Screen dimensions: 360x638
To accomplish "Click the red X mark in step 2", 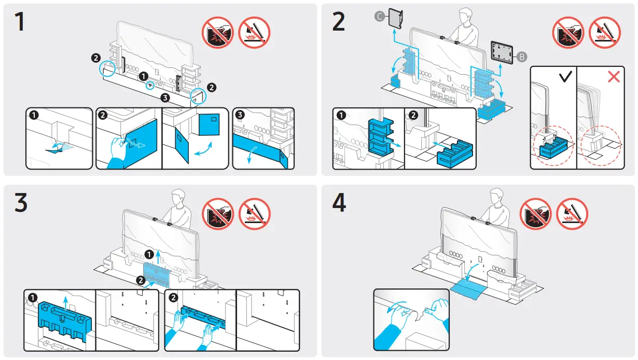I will (614, 77).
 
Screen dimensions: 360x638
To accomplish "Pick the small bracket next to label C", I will (396, 18).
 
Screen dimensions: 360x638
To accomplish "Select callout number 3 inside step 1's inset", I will (240, 115).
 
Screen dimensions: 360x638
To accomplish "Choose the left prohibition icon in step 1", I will (217, 32).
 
